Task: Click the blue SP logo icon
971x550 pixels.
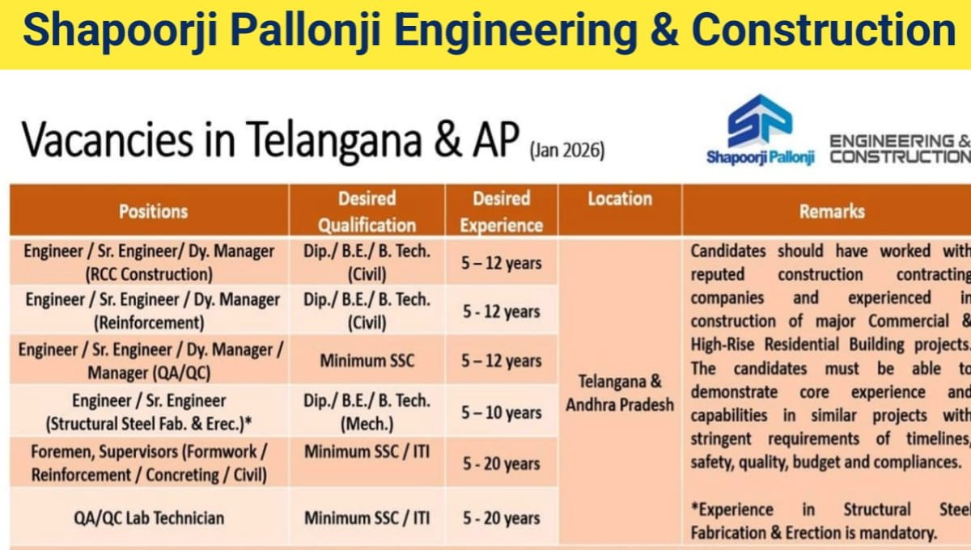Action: (759, 121)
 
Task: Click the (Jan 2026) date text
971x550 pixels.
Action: (566, 150)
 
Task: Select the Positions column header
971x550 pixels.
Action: (153, 211)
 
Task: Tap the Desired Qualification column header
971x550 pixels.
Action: (367, 211)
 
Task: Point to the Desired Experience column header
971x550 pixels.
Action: (502, 211)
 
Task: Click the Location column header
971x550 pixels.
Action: (620, 199)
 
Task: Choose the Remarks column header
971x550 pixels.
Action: (832, 211)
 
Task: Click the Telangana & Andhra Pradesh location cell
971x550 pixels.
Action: (620, 392)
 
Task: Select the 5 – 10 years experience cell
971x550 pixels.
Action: (502, 412)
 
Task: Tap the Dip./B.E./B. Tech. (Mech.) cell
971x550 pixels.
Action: (367, 412)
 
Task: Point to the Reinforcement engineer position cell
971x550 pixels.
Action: (152, 311)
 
